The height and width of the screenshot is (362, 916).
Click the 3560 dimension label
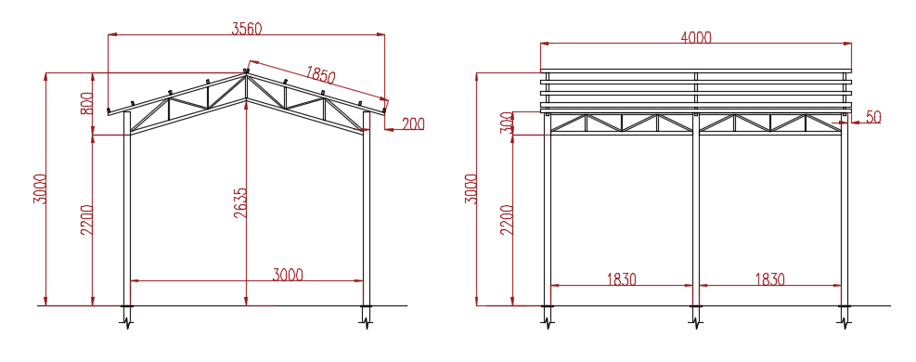pyautogui.click(x=247, y=29)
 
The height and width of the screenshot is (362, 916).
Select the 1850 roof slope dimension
pyautogui.click(x=320, y=75)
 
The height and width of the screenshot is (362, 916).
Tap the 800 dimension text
pyautogui.click(x=86, y=103)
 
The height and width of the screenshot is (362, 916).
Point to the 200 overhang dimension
pyautogui.click(x=413, y=123)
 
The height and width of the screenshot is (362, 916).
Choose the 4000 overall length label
pyautogui.click(x=696, y=37)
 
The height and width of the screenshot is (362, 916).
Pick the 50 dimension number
pyautogui.click(x=873, y=117)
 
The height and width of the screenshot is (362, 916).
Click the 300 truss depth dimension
pyautogui.click(x=506, y=123)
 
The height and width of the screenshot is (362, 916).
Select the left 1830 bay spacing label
pyautogui.click(x=621, y=279)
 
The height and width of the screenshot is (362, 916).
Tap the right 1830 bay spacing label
pyautogui.click(x=770, y=279)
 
